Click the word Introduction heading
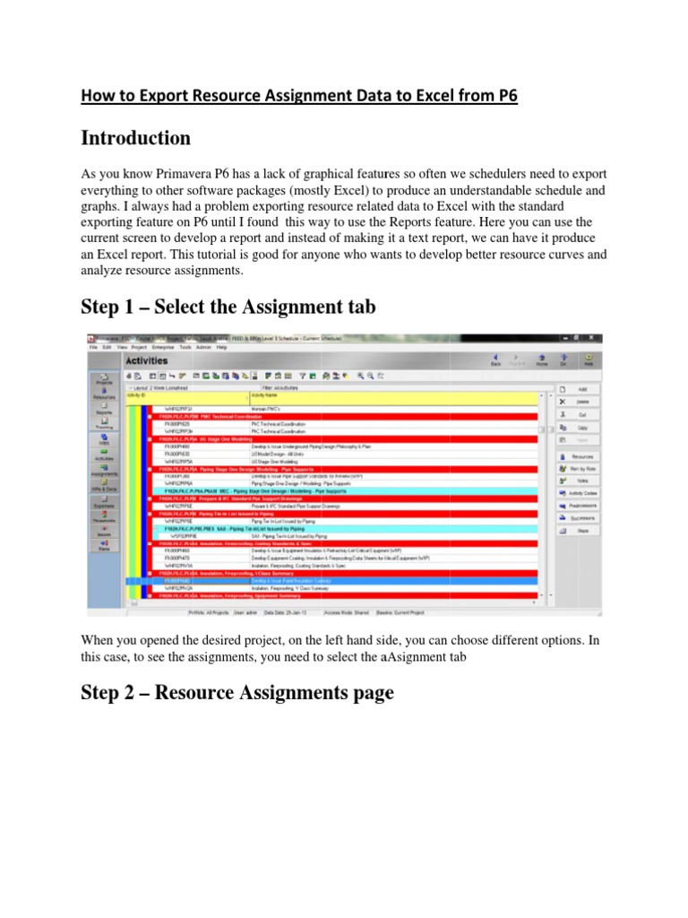135,138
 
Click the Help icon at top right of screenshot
589,359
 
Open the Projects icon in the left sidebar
105,379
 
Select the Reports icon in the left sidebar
105,409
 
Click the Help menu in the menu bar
222,346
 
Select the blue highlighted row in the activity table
340,581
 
